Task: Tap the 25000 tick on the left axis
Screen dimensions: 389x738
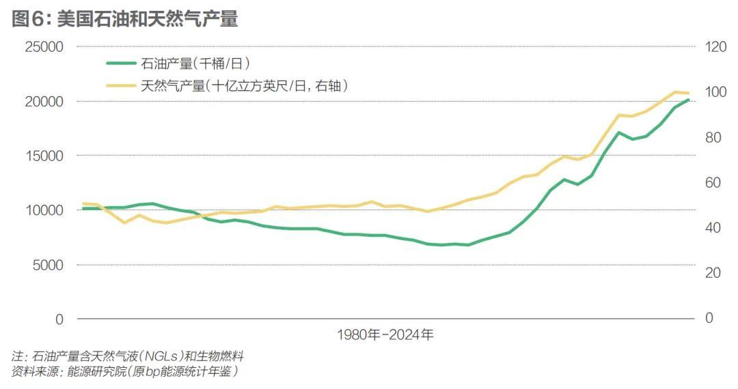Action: pos(42,47)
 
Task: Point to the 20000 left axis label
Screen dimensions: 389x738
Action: pos(42,102)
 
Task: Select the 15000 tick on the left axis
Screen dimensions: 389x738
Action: pos(42,156)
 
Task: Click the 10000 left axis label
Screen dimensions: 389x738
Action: pos(42,210)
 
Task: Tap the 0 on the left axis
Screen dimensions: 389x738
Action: pos(59,319)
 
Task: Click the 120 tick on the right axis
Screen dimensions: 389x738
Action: pos(716,47)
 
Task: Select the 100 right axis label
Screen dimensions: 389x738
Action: pos(716,92)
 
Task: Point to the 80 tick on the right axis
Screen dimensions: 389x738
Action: pos(713,137)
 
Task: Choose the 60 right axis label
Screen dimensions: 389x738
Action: pos(713,183)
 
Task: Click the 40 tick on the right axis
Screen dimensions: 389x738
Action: pos(713,228)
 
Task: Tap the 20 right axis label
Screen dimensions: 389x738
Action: pos(713,273)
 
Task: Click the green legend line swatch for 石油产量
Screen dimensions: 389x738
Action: pos(121,63)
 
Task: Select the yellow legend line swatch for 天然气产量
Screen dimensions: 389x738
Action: pos(121,85)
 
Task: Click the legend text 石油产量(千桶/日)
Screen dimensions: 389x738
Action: pos(195,63)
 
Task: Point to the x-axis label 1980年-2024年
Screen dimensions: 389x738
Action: pos(385,335)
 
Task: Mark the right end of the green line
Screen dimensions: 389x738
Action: pos(688,100)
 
